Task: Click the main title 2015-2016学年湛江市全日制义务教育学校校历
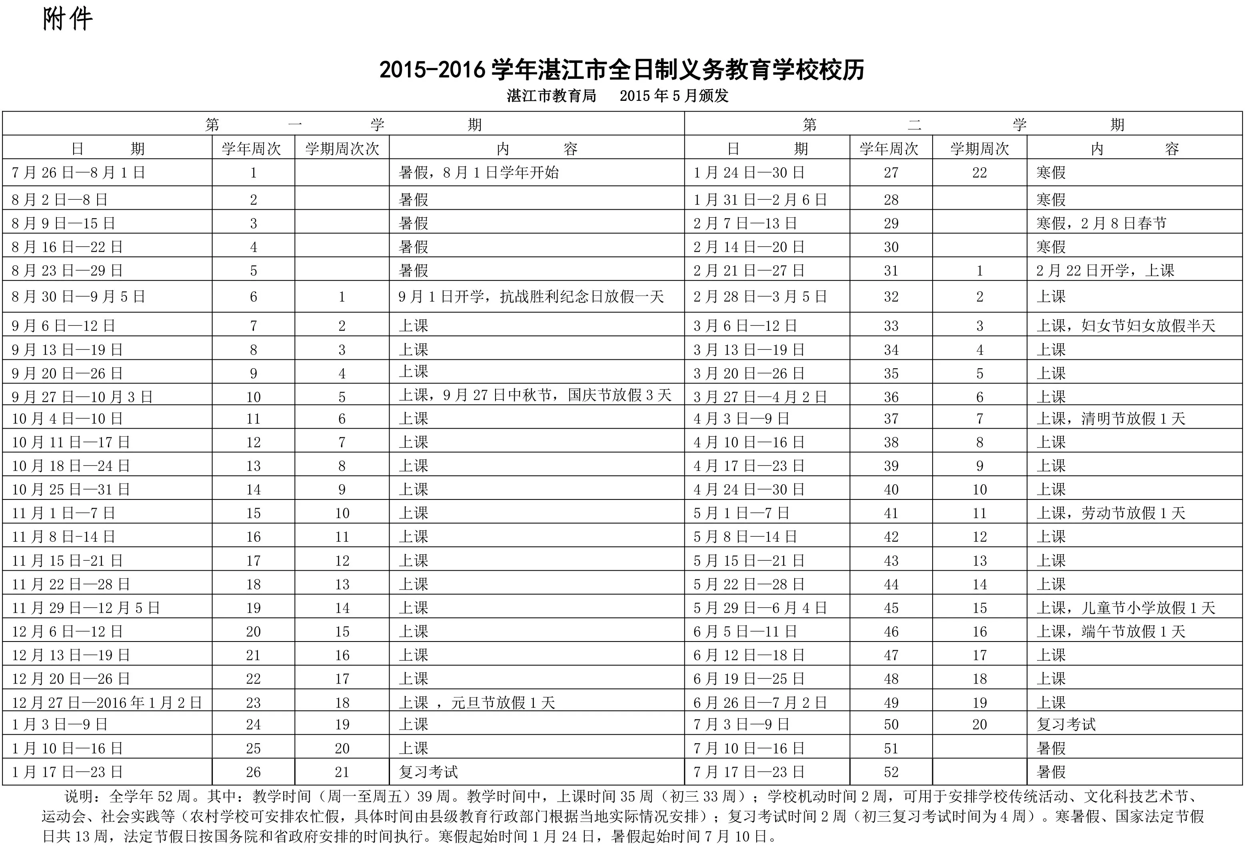pyautogui.click(x=622, y=70)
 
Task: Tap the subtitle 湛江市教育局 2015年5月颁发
pyautogui.click(x=617, y=96)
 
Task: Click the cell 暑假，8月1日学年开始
pyautogui.click(x=478, y=172)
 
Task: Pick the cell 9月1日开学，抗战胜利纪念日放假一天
pyautogui.click(x=530, y=297)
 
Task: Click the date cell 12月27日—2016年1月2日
pyautogui.click(x=107, y=702)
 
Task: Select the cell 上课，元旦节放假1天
pyautogui.click(x=476, y=702)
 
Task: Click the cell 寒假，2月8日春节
pyautogui.click(x=1101, y=224)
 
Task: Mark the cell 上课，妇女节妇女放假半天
pyautogui.click(x=1125, y=326)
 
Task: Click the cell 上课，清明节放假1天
pyautogui.click(x=1111, y=419)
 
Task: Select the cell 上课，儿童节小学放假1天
pyautogui.click(x=1125, y=608)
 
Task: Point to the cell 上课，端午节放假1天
pyautogui.click(x=1111, y=631)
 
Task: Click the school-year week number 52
pyautogui.click(x=891, y=772)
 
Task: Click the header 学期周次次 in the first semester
pyautogui.click(x=342, y=149)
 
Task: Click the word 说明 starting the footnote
pyautogui.click(x=82, y=796)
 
